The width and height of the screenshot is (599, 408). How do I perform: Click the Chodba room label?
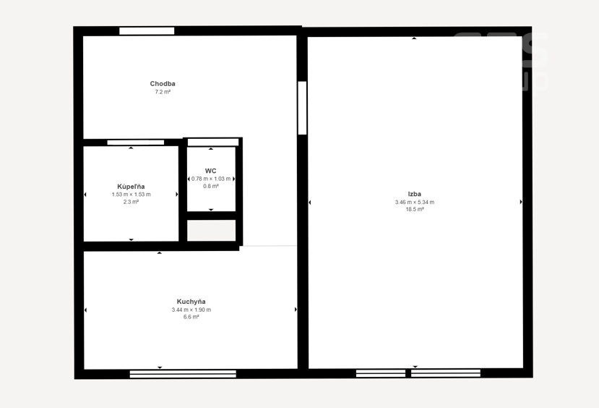(x=163, y=84)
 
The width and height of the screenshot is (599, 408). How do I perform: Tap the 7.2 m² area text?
(x=163, y=92)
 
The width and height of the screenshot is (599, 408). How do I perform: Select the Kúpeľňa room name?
(x=131, y=187)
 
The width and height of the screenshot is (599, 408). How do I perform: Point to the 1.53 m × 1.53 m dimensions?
(x=131, y=195)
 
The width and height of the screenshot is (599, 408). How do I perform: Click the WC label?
(x=210, y=171)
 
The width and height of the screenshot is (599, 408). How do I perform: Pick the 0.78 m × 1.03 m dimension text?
(x=211, y=179)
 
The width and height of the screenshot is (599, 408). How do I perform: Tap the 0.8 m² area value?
(x=211, y=186)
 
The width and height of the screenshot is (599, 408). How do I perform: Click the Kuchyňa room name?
(x=191, y=302)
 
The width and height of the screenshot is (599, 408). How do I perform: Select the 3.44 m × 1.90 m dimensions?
(x=191, y=310)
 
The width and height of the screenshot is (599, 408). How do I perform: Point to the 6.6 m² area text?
(x=191, y=317)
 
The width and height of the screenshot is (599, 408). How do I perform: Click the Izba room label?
(x=415, y=195)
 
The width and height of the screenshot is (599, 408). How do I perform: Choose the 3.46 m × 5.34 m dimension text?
(x=415, y=203)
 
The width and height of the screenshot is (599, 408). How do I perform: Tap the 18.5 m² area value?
(x=415, y=210)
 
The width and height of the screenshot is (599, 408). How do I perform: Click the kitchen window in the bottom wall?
(x=183, y=374)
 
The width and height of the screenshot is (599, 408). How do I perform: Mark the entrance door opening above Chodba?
(x=147, y=31)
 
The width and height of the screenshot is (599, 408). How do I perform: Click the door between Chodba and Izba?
(x=302, y=108)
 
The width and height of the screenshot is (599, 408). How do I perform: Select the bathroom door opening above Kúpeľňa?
(x=136, y=143)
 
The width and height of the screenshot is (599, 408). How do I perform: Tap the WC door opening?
(x=213, y=143)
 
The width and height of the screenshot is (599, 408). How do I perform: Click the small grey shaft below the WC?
(x=211, y=231)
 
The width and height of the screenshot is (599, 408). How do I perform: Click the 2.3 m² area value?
(x=131, y=202)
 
